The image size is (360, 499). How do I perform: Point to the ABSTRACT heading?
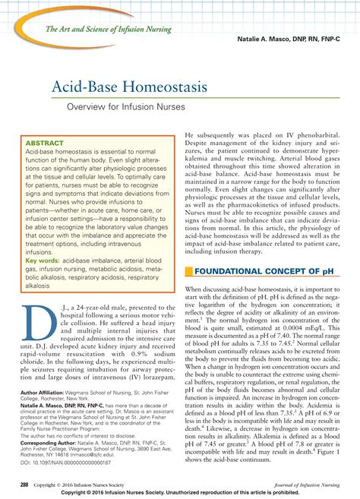46,142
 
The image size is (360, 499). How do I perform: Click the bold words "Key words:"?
43,238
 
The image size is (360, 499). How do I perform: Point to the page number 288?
27,482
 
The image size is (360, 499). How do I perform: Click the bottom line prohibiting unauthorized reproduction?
180,492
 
